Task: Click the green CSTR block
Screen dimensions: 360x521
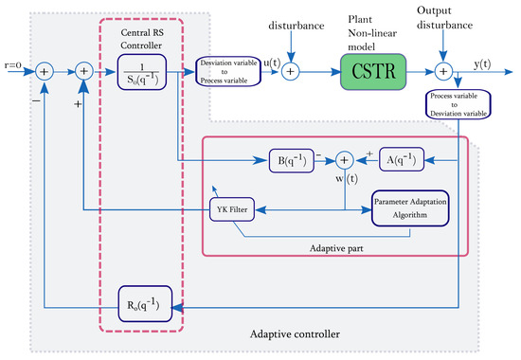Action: pyautogui.click(x=368, y=70)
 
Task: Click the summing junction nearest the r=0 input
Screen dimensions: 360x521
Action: pyautogui.click(x=43, y=70)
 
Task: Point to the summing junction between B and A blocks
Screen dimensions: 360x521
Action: pyautogui.click(x=347, y=159)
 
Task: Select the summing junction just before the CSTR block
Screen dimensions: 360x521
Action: pyautogui.click(x=292, y=70)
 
